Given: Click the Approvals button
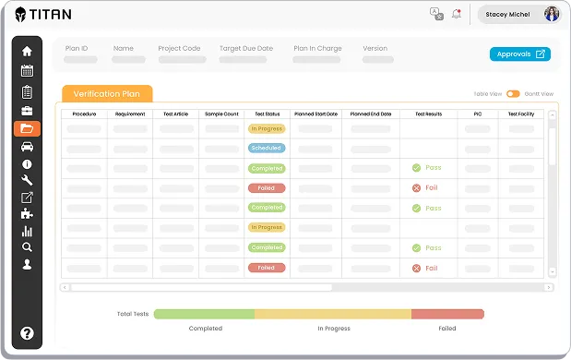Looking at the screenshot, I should tap(519, 54).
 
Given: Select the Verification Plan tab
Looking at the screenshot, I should tap(107, 93).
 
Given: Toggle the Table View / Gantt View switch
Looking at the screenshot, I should tap(513, 93).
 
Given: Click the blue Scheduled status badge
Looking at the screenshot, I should tap(267, 148).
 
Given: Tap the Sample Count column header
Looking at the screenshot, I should tap(221, 114).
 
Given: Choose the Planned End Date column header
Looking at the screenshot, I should tap(371, 114).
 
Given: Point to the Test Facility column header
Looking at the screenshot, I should tap(522, 114).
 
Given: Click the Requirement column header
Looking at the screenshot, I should tap(131, 114).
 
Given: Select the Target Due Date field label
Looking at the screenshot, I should tap(246, 48).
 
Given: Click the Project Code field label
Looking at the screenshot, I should tap(179, 48).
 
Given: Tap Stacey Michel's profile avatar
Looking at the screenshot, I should tap(552, 14).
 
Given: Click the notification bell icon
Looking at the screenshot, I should tap(456, 14).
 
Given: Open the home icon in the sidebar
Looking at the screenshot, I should tap(27, 51).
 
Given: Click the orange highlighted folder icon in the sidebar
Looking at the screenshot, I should tap(27, 128).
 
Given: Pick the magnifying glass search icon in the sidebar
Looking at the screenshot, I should tap(27, 246).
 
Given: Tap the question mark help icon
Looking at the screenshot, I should tap(27, 333).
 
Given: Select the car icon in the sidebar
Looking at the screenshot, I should tap(27, 147).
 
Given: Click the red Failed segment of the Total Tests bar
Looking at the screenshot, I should tap(447, 314).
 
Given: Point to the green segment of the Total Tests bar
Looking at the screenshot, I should tap(204, 314).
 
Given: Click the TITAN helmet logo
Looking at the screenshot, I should tap(21, 14).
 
